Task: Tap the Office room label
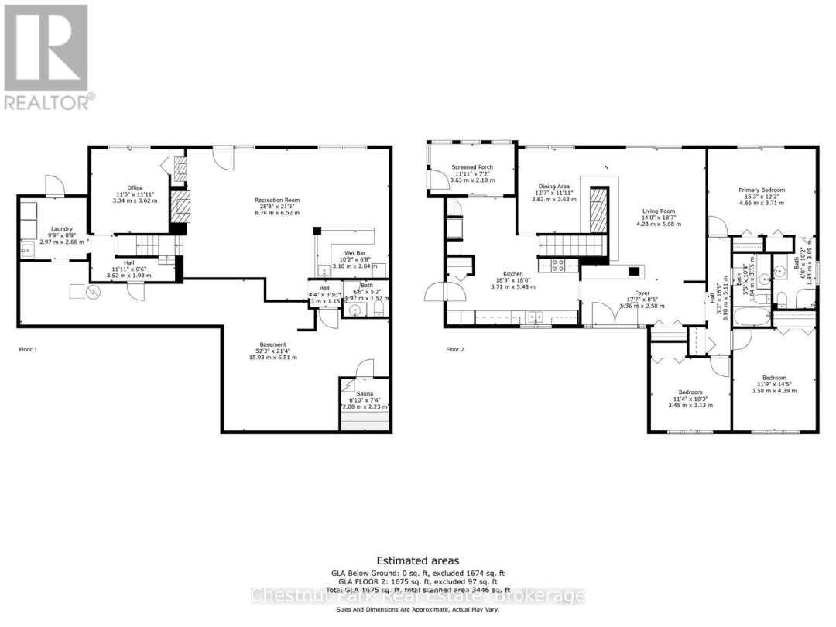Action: [x=135, y=187]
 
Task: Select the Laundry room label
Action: [x=62, y=229]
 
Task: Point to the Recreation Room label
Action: [x=277, y=200]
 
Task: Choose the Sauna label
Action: [x=365, y=393]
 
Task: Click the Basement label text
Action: [x=272, y=344]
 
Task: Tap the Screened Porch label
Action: [x=472, y=167]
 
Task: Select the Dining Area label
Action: [x=554, y=187]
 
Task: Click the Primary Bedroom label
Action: [x=762, y=190]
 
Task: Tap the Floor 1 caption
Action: [x=28, y=349]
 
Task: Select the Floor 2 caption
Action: [x=455, y=349]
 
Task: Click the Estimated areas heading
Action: [x=417, y=560]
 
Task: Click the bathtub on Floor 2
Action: [x=749, y=317]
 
